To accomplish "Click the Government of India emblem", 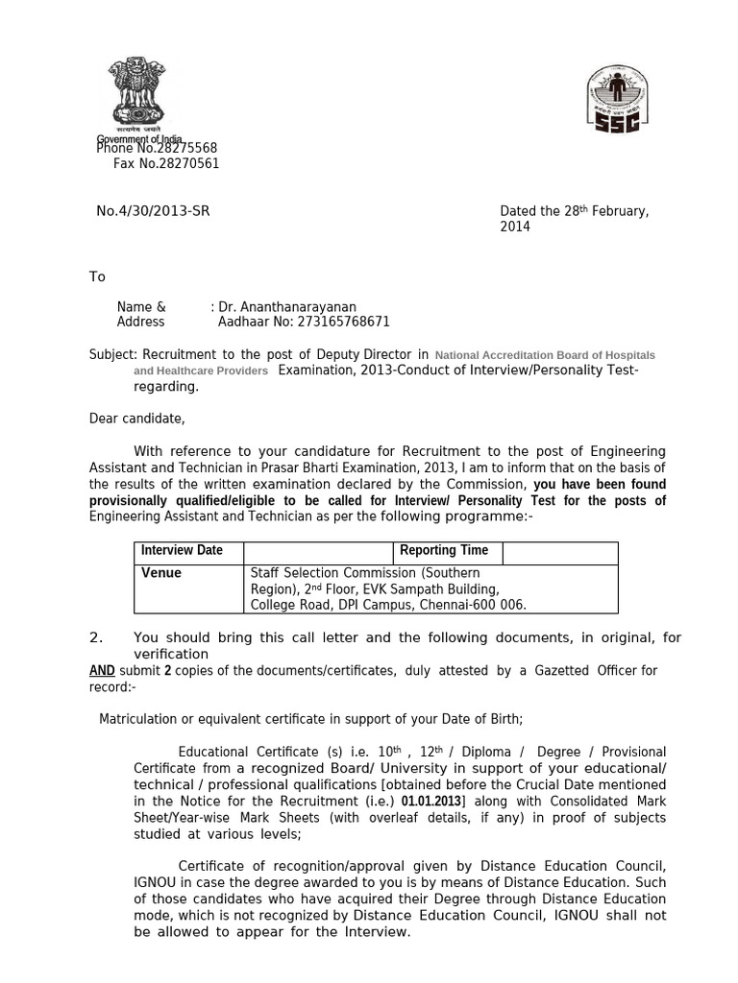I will [x=135, y=90].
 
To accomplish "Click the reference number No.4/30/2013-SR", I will [x=153, y=211].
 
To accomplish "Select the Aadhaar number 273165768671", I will [x=333, y=323].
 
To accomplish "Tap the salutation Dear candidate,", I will [x=137, y=419].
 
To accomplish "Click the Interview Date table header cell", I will [x=182, y=551].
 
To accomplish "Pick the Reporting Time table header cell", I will [x=444, y=551].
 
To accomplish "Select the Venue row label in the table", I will [x=161, y=573].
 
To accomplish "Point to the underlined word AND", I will [x=102, y=671].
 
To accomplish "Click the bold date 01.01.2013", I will [x=431, y=802].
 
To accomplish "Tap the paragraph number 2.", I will [x=95, y=638].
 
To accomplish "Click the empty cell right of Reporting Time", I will [x=559, y=552].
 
